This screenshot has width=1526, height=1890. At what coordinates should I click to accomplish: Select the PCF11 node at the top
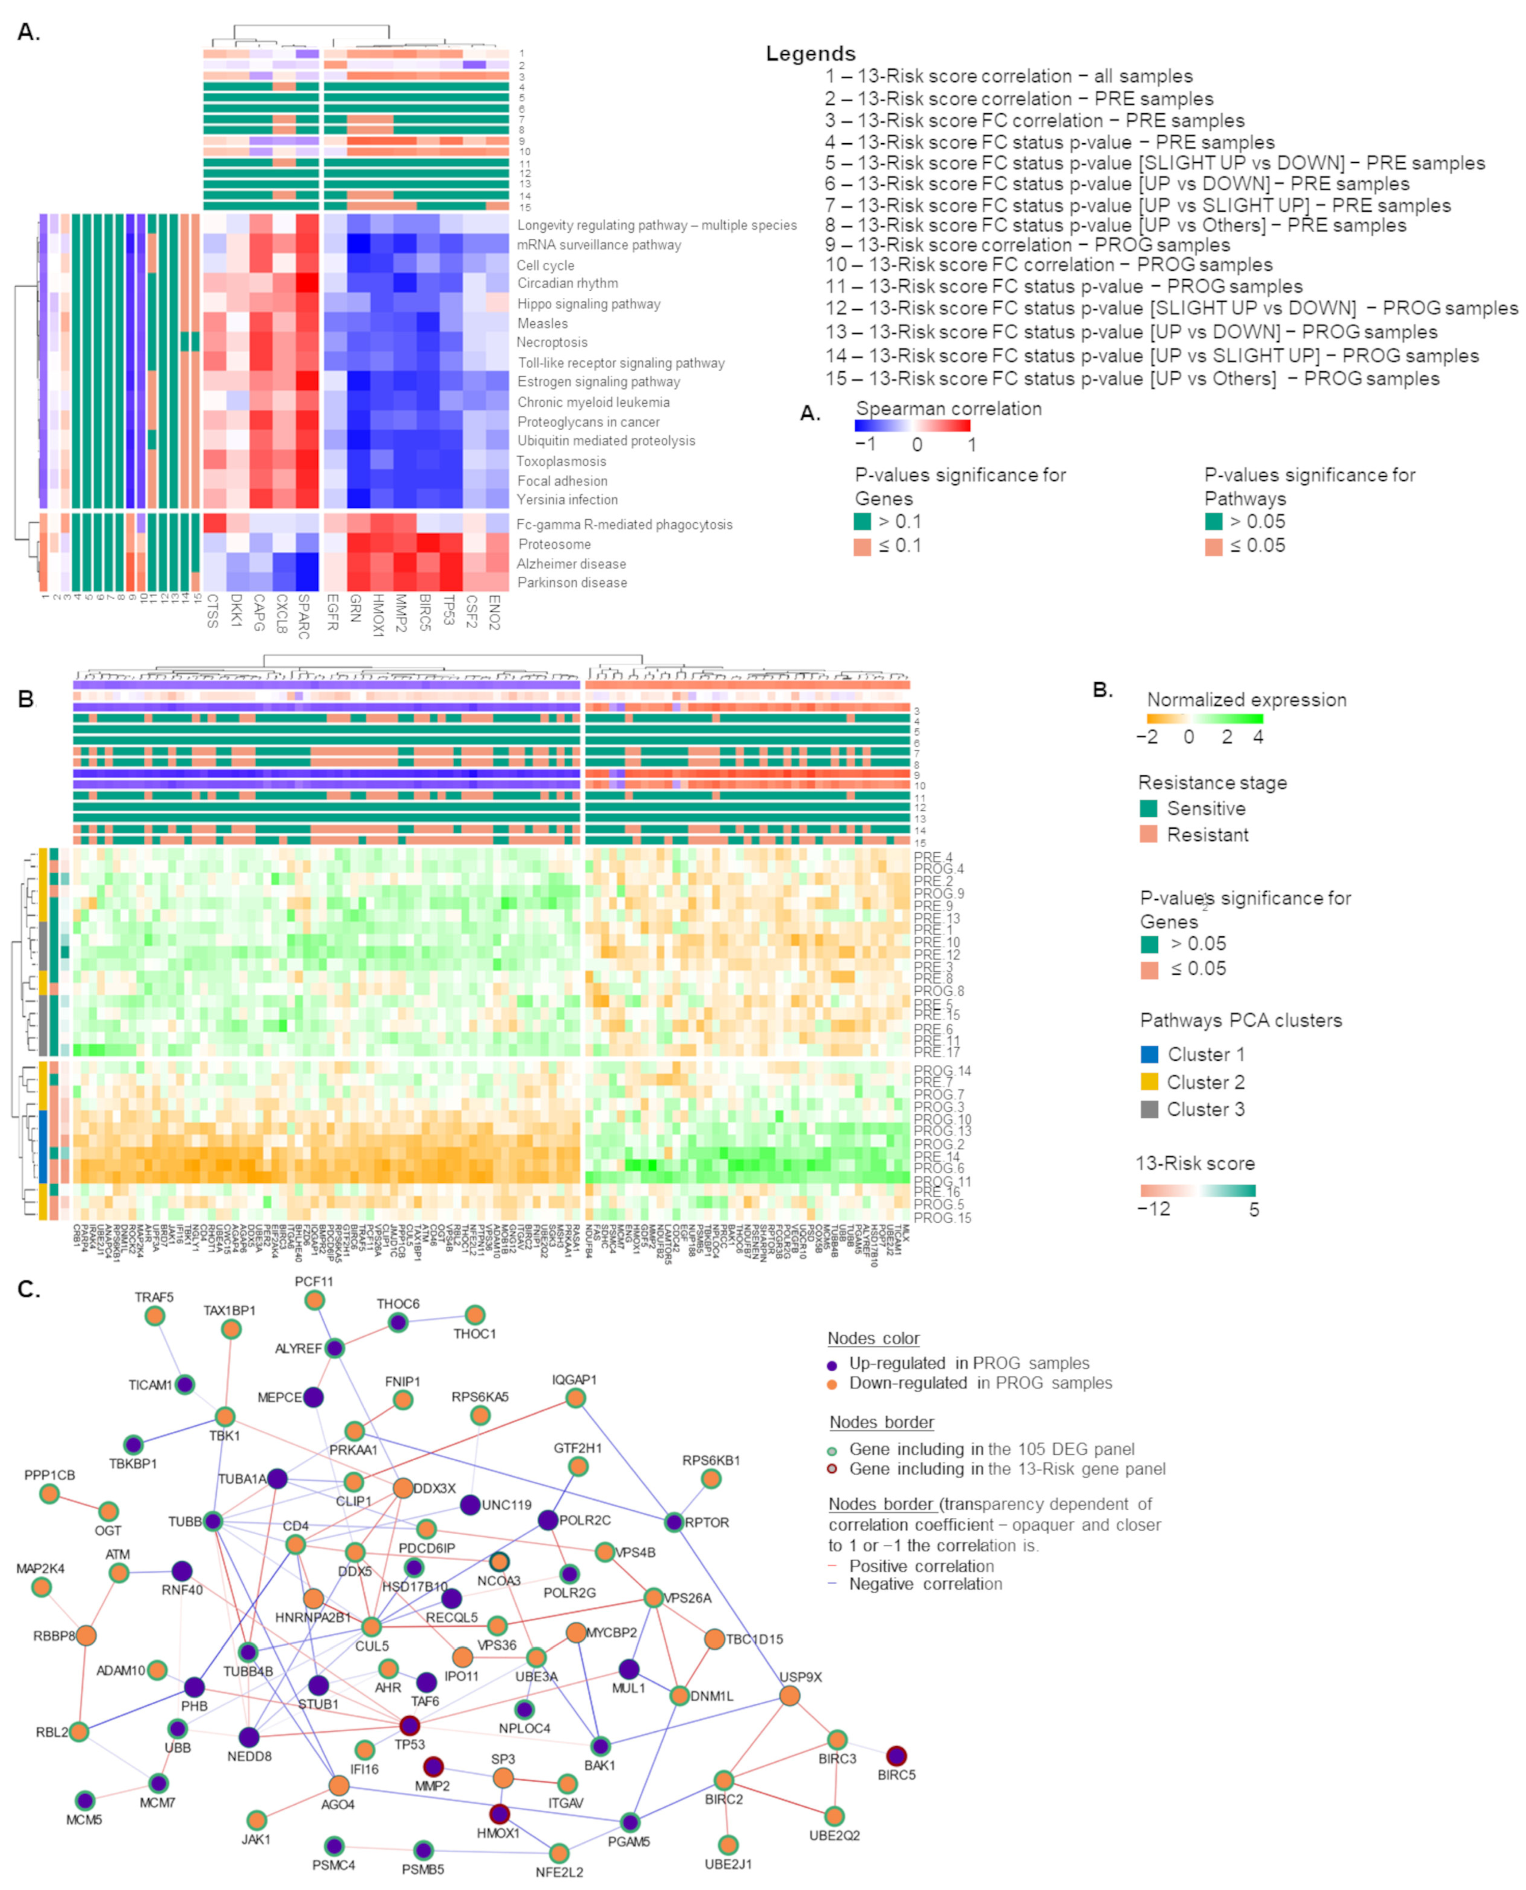click(x=315, y=1300)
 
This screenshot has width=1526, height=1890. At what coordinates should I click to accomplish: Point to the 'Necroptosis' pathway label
click(x=552, y=342)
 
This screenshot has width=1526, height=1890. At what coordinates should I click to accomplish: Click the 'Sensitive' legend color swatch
click(x=1148, y=808)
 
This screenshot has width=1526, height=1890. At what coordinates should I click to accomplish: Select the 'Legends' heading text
click(x=810, y=54)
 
